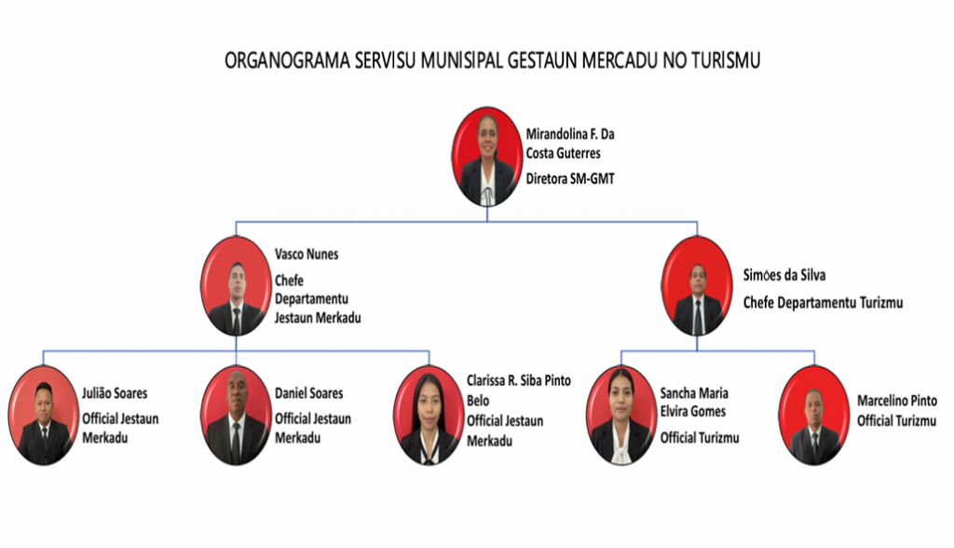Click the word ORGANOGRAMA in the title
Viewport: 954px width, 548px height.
click(x=287, y=61)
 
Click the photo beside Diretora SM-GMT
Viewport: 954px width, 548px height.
click(x=486, y=158)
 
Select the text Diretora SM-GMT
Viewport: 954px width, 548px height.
click(x=570, y=179)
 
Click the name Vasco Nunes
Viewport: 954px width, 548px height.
click(x=306, y=253)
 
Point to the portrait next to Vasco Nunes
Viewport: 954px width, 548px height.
click(x=236, y=286)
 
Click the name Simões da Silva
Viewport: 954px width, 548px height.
click(x=784, y=275)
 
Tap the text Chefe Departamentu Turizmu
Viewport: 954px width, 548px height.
click(x=823, y=303)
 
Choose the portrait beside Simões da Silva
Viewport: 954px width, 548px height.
click(x=697, y=286)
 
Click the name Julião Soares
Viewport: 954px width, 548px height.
click(x=115, y=393)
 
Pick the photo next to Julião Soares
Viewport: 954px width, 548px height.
click(x=43, y=416)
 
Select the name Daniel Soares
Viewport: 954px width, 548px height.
click(x=308, y=393)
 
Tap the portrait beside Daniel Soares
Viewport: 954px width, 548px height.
click(x=236, y=416)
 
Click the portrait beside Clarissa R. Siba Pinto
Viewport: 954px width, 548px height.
click(x=429, y=416)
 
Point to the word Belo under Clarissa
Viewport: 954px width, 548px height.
click(x=478, y=401)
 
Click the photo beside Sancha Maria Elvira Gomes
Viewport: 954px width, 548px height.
click(x=621, y=416)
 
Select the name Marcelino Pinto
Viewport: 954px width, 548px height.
click(x=897, y=401)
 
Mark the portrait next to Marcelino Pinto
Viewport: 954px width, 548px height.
click(x=814, y=416)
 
